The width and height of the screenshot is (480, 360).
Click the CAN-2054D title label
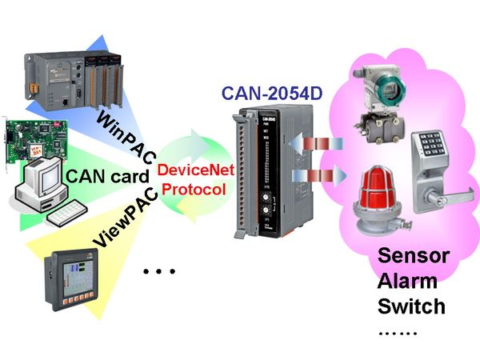coord(272,93)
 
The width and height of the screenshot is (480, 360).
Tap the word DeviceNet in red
coord(196,170)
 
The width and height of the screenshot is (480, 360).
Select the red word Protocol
coord(194,190)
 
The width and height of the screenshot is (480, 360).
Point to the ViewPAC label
coord(126,217)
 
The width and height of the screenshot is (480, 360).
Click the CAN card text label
coord(107,177)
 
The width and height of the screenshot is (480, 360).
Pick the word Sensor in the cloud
coord(414,256)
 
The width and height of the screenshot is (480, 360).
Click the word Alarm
coord(407,281)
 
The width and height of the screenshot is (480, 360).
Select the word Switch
coord(411,306)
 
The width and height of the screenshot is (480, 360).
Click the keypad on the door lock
coord(431,144)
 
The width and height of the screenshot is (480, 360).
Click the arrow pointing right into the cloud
coord(319,176)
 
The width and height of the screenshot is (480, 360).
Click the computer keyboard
coord(67,214)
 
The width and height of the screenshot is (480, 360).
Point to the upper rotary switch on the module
coord(266,196)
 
